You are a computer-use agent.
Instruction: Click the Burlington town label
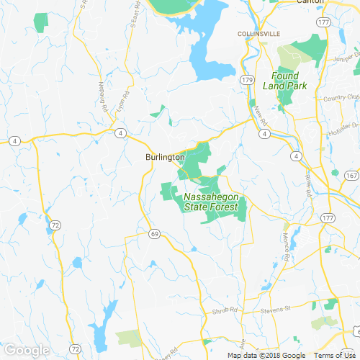click(165, 157)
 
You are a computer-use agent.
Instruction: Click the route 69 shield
click(154, 234)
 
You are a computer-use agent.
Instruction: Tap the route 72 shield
click(55, 226)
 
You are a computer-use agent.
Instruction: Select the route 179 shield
click(248, 79)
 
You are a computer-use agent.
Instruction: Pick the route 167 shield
click(351, 176)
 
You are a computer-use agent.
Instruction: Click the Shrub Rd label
click(223, 312)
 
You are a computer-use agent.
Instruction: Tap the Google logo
click(27, 350)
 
